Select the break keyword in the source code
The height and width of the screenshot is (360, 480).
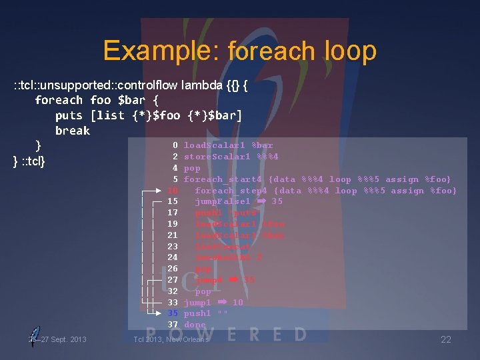[72, 131]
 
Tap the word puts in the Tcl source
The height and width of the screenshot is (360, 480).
[69, 115]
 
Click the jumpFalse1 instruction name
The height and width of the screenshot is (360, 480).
[223, 201]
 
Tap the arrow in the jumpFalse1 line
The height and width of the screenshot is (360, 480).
[261, 201]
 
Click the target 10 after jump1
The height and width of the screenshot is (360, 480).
[237, 303]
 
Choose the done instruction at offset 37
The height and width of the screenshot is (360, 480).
[195, 325]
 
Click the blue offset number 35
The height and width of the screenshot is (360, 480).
[173, 313]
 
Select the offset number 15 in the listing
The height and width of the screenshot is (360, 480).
[173, 201]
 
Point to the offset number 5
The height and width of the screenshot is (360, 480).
[175, 179]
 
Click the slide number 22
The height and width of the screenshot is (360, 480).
[445, 340]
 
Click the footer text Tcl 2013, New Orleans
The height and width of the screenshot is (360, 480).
[171, 340]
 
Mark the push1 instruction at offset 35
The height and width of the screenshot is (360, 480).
[197, 313]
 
